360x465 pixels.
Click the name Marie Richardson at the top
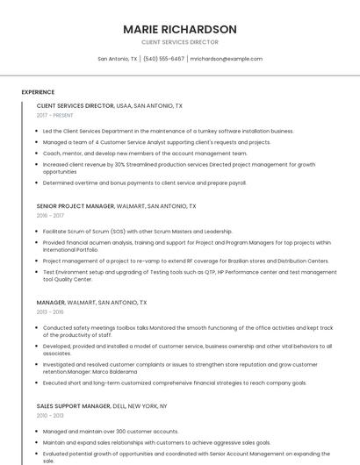180,29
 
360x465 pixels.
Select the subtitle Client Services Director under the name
180,42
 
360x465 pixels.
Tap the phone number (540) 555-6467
163,59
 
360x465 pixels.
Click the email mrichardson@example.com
227,59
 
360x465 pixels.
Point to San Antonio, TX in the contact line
117,59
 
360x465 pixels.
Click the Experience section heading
38,92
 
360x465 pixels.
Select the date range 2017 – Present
55,115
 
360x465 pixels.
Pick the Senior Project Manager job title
76,206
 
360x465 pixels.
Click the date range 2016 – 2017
50,215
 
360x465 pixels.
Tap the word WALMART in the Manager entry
82,302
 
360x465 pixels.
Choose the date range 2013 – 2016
50,311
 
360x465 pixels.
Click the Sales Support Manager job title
73,406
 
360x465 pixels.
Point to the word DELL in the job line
119,406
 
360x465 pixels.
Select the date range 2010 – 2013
50,415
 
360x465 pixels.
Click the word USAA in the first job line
124,105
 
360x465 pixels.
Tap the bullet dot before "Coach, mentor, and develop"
38,153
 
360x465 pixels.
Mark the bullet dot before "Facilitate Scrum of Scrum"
38,232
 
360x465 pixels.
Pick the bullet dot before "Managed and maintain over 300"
38,432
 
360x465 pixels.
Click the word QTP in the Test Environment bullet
211,272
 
